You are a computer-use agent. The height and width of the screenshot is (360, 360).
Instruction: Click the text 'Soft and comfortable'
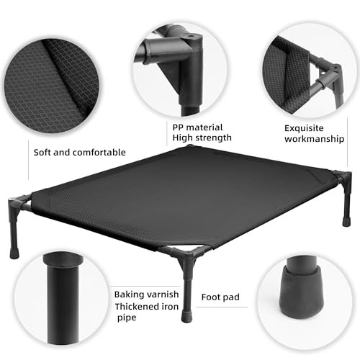click(79, 153)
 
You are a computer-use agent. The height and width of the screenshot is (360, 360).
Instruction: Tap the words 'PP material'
click(197, 127)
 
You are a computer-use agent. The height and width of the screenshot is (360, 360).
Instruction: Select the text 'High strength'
click(202, 138)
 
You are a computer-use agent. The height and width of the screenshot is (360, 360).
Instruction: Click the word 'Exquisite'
click(304, 128)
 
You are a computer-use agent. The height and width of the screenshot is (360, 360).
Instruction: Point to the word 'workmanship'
click(314, 139)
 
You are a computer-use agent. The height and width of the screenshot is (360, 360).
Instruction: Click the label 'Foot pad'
click(220, 297)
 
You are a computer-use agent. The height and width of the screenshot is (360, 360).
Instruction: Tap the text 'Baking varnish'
click(146, 294)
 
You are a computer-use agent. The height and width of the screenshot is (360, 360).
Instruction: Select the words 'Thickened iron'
click(146, 307)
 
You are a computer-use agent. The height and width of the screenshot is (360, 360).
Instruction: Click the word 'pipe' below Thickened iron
click(127, 318)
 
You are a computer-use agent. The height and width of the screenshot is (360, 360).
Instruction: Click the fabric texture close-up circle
click(51, 86)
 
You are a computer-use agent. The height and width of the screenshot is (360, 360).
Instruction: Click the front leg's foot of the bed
click(186, 317)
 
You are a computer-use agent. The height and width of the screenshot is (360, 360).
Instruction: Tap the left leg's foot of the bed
click(14, 253)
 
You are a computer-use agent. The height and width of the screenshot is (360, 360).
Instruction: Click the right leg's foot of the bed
click(346, 221)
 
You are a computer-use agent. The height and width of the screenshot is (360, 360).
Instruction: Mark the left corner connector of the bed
click(17, 204)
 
